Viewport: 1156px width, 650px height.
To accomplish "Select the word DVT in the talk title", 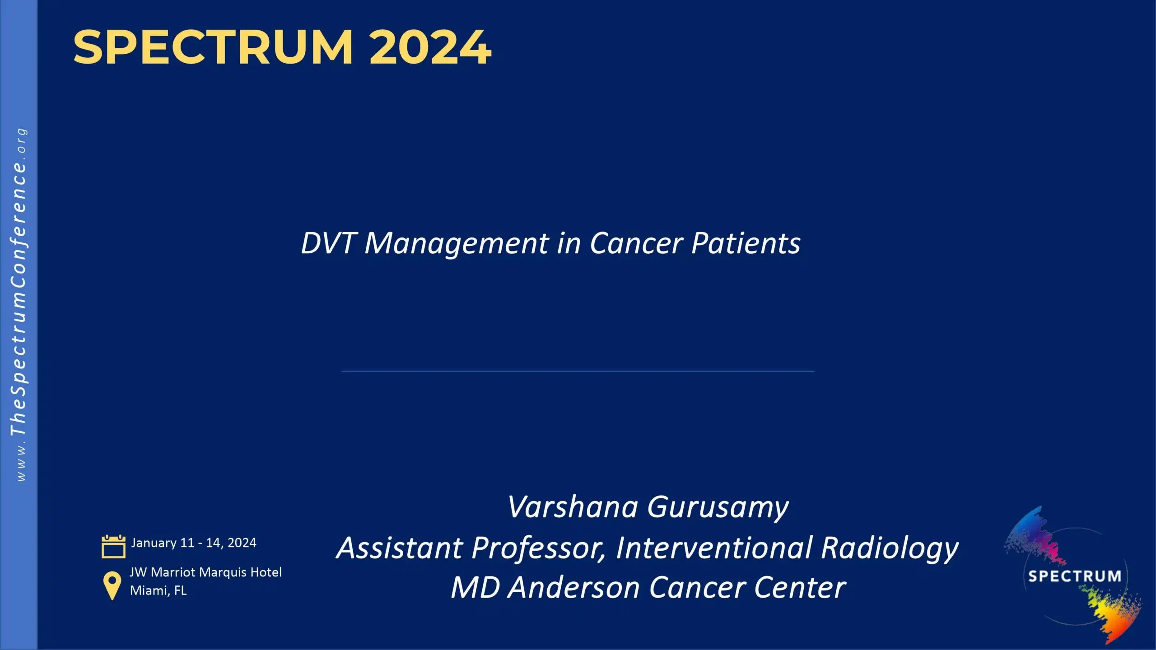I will [327, 243].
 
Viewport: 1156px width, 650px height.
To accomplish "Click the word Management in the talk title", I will [457, 244].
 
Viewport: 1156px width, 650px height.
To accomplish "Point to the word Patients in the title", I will [746, 243].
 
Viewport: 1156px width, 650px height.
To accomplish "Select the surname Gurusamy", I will [718, 508].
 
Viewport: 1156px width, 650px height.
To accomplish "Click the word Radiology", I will [889, 548].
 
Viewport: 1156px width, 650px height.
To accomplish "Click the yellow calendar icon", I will [113, 547].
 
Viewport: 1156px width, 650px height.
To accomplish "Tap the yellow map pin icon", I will [112, 585].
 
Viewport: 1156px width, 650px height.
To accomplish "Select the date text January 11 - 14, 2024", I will [194, 543].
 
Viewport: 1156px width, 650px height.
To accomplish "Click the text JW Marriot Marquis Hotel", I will [205, 572].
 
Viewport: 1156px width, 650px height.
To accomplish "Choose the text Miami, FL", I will [158, 590].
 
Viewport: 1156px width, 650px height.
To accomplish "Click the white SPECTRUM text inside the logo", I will [1074, 576].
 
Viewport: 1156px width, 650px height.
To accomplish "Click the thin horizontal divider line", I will [578, 371].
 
